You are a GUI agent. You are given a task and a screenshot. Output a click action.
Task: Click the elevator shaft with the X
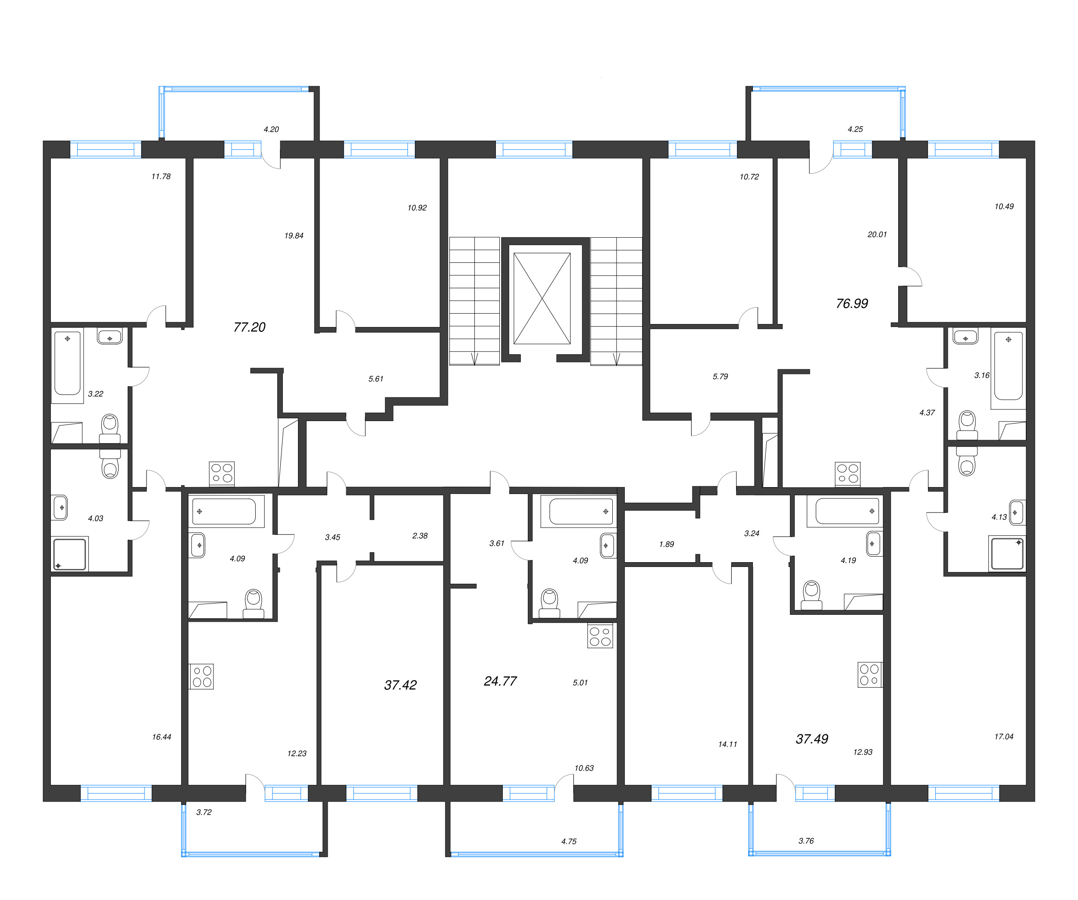542,298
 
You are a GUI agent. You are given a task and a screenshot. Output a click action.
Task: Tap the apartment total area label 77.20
250,327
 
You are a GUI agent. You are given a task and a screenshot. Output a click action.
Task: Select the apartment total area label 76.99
852,304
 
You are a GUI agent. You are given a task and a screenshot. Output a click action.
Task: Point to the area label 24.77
500,681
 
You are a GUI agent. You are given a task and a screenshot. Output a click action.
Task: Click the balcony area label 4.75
569,841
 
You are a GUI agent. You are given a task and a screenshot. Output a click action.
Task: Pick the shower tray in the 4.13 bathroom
1007,553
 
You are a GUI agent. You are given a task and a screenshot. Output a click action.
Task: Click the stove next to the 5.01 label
600,636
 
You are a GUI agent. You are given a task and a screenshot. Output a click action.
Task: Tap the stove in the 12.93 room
870,674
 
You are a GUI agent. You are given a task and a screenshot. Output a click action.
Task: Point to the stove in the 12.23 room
202,676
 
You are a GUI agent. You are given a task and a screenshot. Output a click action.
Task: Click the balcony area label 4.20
271,129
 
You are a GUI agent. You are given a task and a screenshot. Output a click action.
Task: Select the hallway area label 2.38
420,536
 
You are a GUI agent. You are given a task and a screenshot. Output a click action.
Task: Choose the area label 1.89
666,544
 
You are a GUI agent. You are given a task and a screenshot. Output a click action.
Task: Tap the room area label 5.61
376,379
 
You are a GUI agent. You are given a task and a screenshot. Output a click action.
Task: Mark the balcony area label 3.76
806,841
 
